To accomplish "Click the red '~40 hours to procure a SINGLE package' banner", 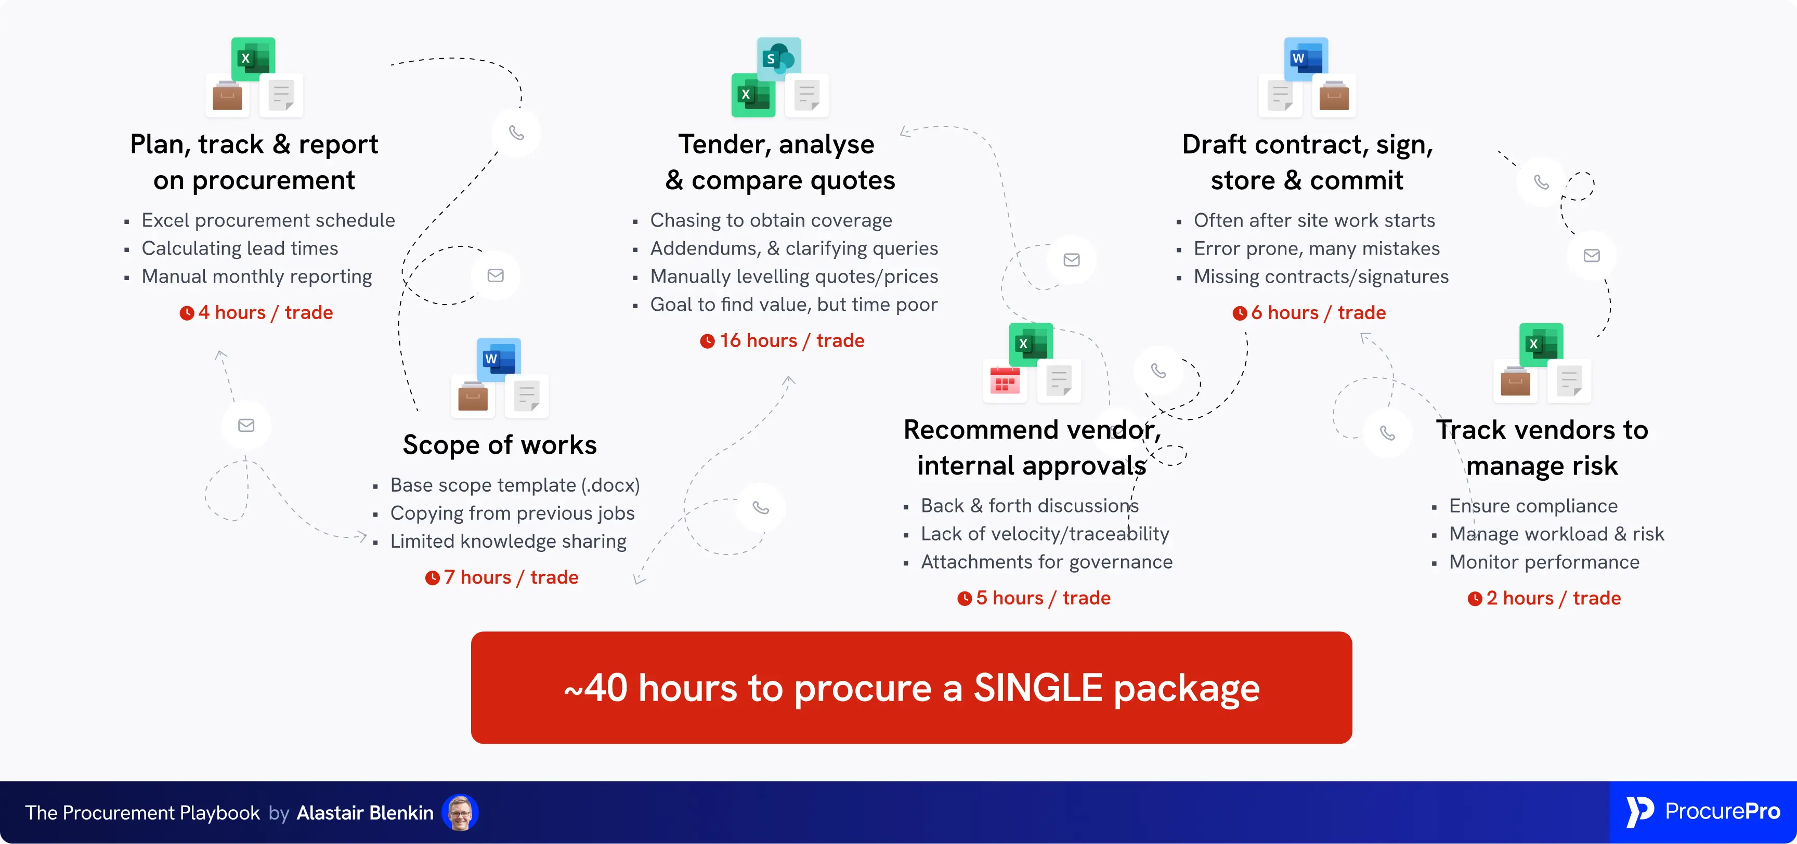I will (x=911, y=687).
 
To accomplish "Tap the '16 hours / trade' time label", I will (x=791, y=340).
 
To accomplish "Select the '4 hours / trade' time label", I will (x=265, y=312).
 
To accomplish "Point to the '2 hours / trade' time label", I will (x=1553, y=598).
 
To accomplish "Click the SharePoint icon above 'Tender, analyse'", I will (x=778, y=59).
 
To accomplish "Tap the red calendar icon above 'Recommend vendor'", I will (x=1005, y=381).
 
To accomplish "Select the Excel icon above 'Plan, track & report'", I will (x=253, y=59).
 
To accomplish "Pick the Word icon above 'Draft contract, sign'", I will (x=1305, y=59).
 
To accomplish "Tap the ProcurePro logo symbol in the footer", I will (x=1639, y=811).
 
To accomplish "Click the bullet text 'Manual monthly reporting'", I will (x=257, y=276).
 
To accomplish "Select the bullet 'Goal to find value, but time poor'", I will (x=793, y=304).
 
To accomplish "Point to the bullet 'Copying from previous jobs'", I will (x=512, y=512).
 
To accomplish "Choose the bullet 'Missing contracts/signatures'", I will (x=1321, y=276).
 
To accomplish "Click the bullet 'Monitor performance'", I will (x=1544, y=561).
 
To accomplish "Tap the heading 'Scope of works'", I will (x=500, y=445).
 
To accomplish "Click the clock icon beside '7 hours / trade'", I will (x=433, y=577).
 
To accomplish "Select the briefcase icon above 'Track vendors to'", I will (x=1515, y=381).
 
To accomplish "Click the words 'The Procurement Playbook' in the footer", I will (x=142, y=813).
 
